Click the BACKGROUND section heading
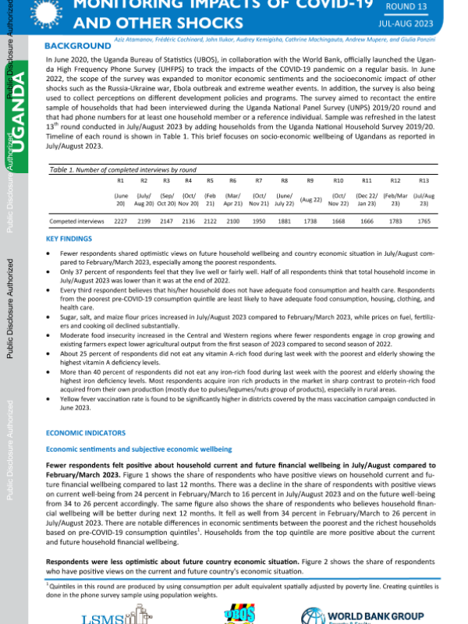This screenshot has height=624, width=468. pyautogui.click(x=78, y=46)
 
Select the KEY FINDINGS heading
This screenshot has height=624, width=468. pyautogui.click(x=69, y=238)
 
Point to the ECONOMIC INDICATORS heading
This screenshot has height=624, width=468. pyautogui.click(x=86, y=431)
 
